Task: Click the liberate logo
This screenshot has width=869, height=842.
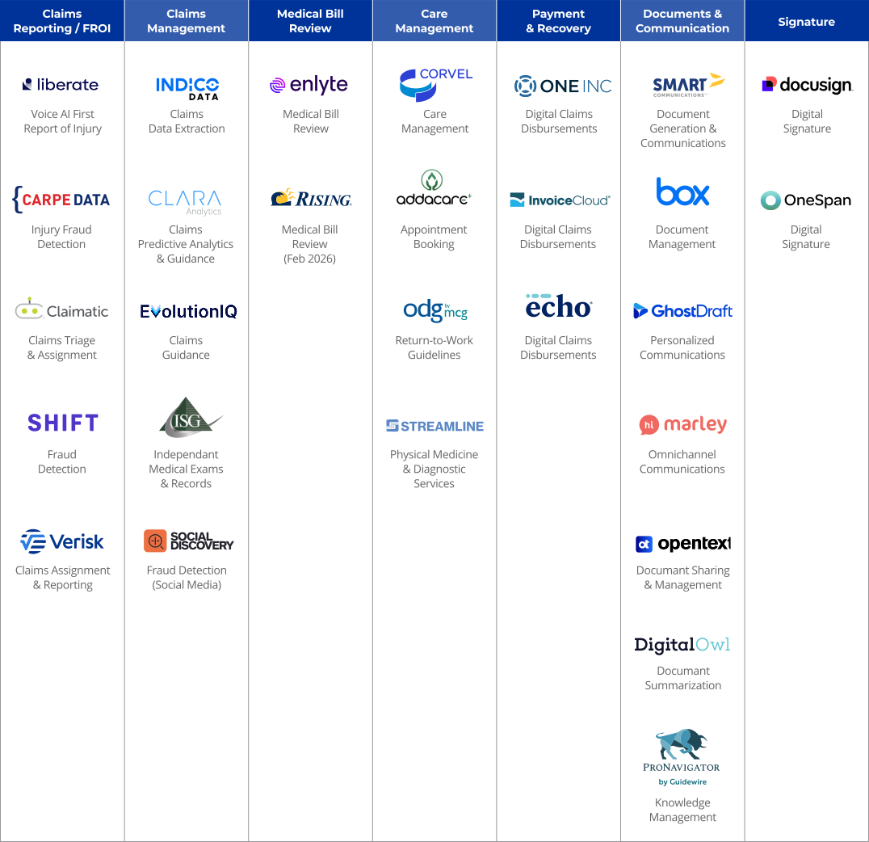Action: tap(61, 84)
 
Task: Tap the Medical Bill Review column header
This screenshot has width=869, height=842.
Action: tap(310, 21)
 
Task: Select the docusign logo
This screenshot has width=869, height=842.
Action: tap(807, 85)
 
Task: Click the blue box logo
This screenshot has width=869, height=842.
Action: tap(682, 192)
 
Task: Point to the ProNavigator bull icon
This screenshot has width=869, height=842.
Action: tap(682, 743)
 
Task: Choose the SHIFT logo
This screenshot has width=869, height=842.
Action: tap(63, 423)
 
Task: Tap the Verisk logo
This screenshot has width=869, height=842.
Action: tap(62, 541)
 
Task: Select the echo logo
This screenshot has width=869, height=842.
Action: tap(559, 307)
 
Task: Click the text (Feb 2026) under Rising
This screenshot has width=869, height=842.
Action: tap(310, 259)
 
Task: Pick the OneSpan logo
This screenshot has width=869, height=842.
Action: tap(806, 200)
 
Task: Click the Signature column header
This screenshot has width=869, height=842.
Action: tap(806, 22)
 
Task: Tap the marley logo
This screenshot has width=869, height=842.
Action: tap(682, 425)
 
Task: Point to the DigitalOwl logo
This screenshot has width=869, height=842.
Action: tap(682, 645)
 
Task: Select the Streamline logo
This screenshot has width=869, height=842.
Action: tap(434, 426)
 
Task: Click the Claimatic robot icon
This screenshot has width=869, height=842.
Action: tap(29, 309)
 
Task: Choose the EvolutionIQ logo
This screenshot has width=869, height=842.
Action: tap(188, 311)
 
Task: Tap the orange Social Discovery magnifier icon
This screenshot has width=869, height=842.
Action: tap(155, 541)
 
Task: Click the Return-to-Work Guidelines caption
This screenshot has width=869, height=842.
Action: tap(434, 347)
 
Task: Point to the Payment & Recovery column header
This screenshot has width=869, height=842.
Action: tap(559, 21)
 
